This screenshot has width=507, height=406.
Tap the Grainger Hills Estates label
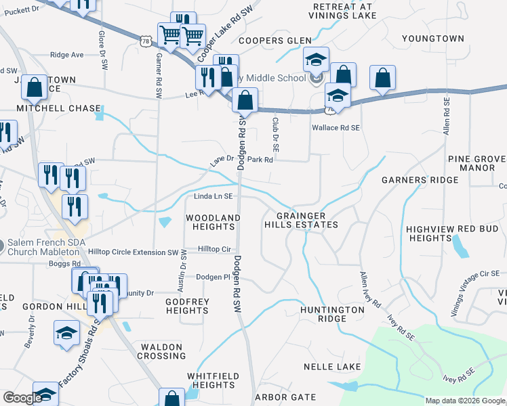tap(300, 220)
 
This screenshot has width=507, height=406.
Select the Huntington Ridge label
tap(333, 314)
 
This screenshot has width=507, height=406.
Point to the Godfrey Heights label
tap(187, 307)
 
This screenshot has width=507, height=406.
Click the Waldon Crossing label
tap(162, 351)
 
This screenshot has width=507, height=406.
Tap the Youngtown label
tap(432, 39)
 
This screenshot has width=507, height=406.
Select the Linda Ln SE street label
tap(214, 196)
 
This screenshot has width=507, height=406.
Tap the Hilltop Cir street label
tap(215, 250)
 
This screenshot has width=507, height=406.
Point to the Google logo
tap(22, 399)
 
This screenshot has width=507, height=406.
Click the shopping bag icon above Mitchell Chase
tap(33, 87)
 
